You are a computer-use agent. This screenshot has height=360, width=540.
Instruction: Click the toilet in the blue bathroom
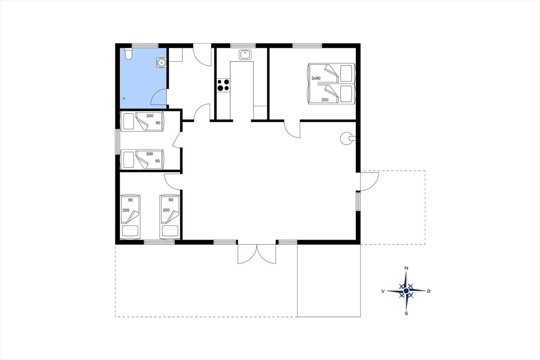[x=128, y=54]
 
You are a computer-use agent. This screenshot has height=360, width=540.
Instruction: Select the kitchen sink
[x=245, y=54]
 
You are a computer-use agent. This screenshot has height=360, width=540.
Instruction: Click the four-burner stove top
[x=223, y=85]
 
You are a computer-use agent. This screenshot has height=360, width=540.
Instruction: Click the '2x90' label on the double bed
[x=316, y=78]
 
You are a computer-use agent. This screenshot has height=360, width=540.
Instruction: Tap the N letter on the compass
[x=406, y=268]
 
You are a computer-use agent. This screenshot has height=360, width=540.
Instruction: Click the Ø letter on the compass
[x=429, y=291]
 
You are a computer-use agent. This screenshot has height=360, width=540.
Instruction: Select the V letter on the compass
[x=383, y=291]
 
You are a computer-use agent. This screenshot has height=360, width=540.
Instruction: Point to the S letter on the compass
[x=406, y=313]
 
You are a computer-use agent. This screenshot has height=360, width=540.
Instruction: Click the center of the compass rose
[x=406, y=291]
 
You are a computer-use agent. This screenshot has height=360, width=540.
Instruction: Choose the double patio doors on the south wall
[x=257, y=254]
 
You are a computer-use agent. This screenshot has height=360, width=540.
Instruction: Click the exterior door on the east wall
[x=369, y=181]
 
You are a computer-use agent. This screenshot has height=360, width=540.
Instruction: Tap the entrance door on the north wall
[x=202, y=54]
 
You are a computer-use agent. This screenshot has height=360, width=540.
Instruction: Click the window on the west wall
[x=117, y=142]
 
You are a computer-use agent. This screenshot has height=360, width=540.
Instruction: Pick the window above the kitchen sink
[x=243, y=45]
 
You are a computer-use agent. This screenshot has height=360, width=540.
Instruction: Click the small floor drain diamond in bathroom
[x=124, y=99]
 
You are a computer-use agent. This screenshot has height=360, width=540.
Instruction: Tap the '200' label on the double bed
[x=325, y=100]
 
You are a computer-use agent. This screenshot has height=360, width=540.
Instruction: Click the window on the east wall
[x=358, y=201]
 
